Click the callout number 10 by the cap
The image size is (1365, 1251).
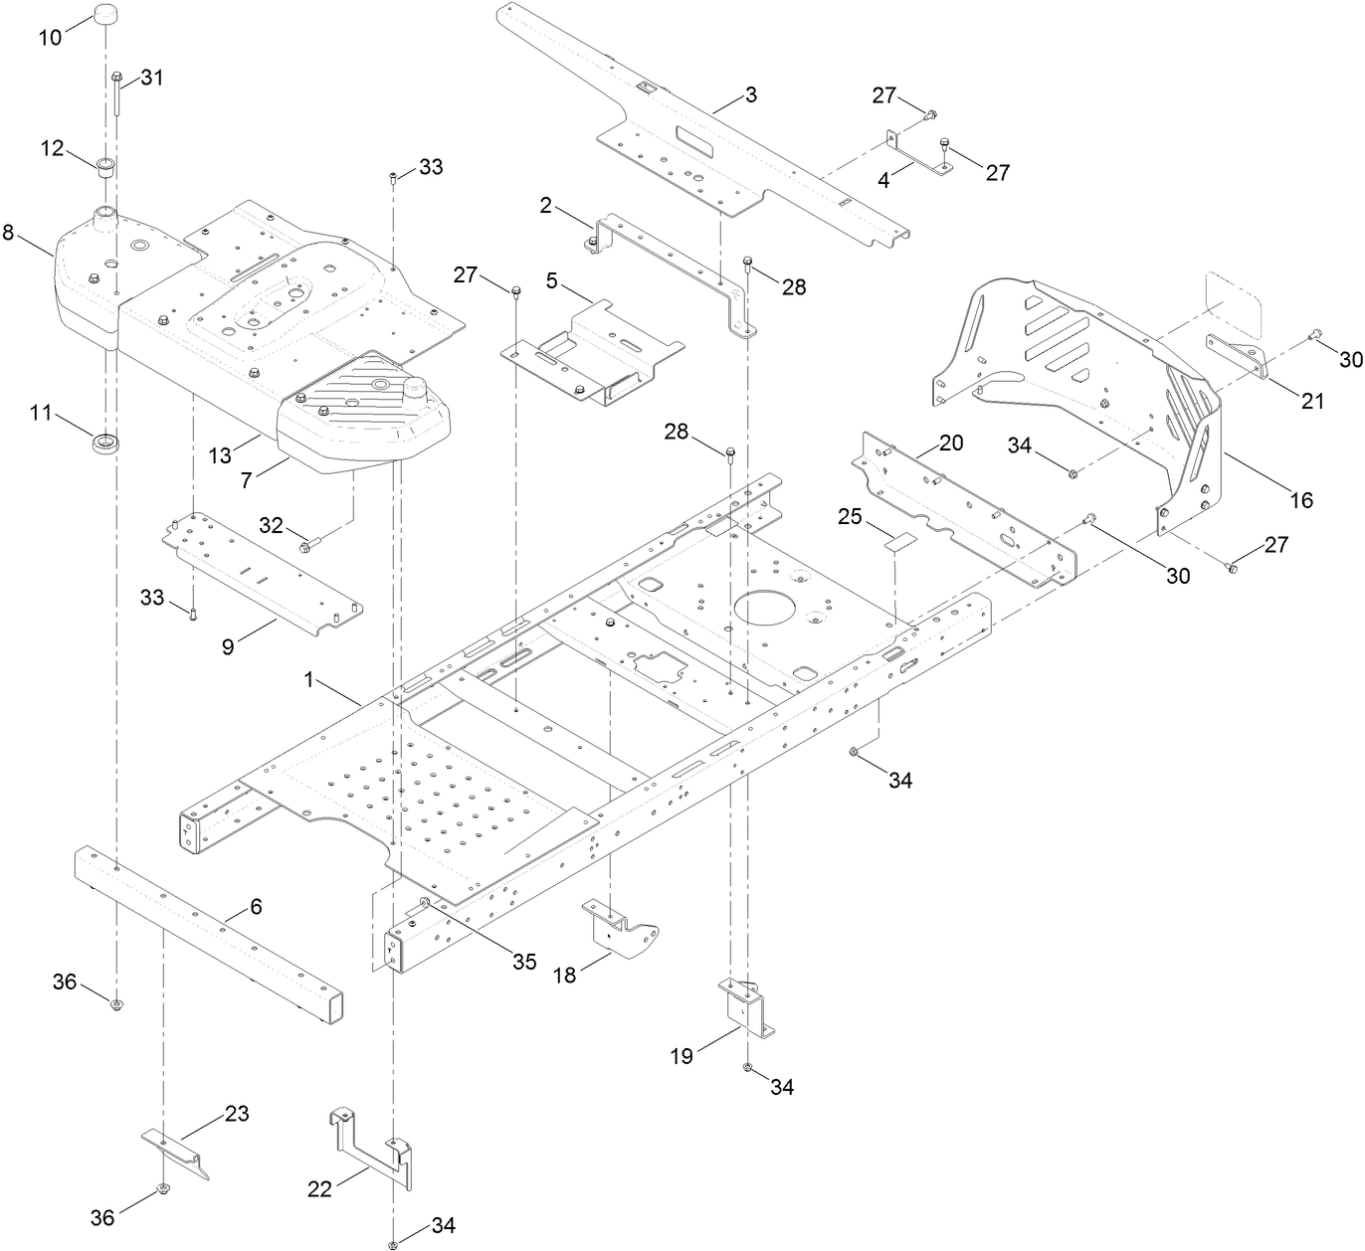point(50,37)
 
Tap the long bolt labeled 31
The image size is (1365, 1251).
point(116,95)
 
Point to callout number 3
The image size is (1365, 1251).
point(751,95)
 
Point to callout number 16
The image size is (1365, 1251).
point(1301,499)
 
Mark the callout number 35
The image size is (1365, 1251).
point(524,962)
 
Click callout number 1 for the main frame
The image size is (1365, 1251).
point(309,680)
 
